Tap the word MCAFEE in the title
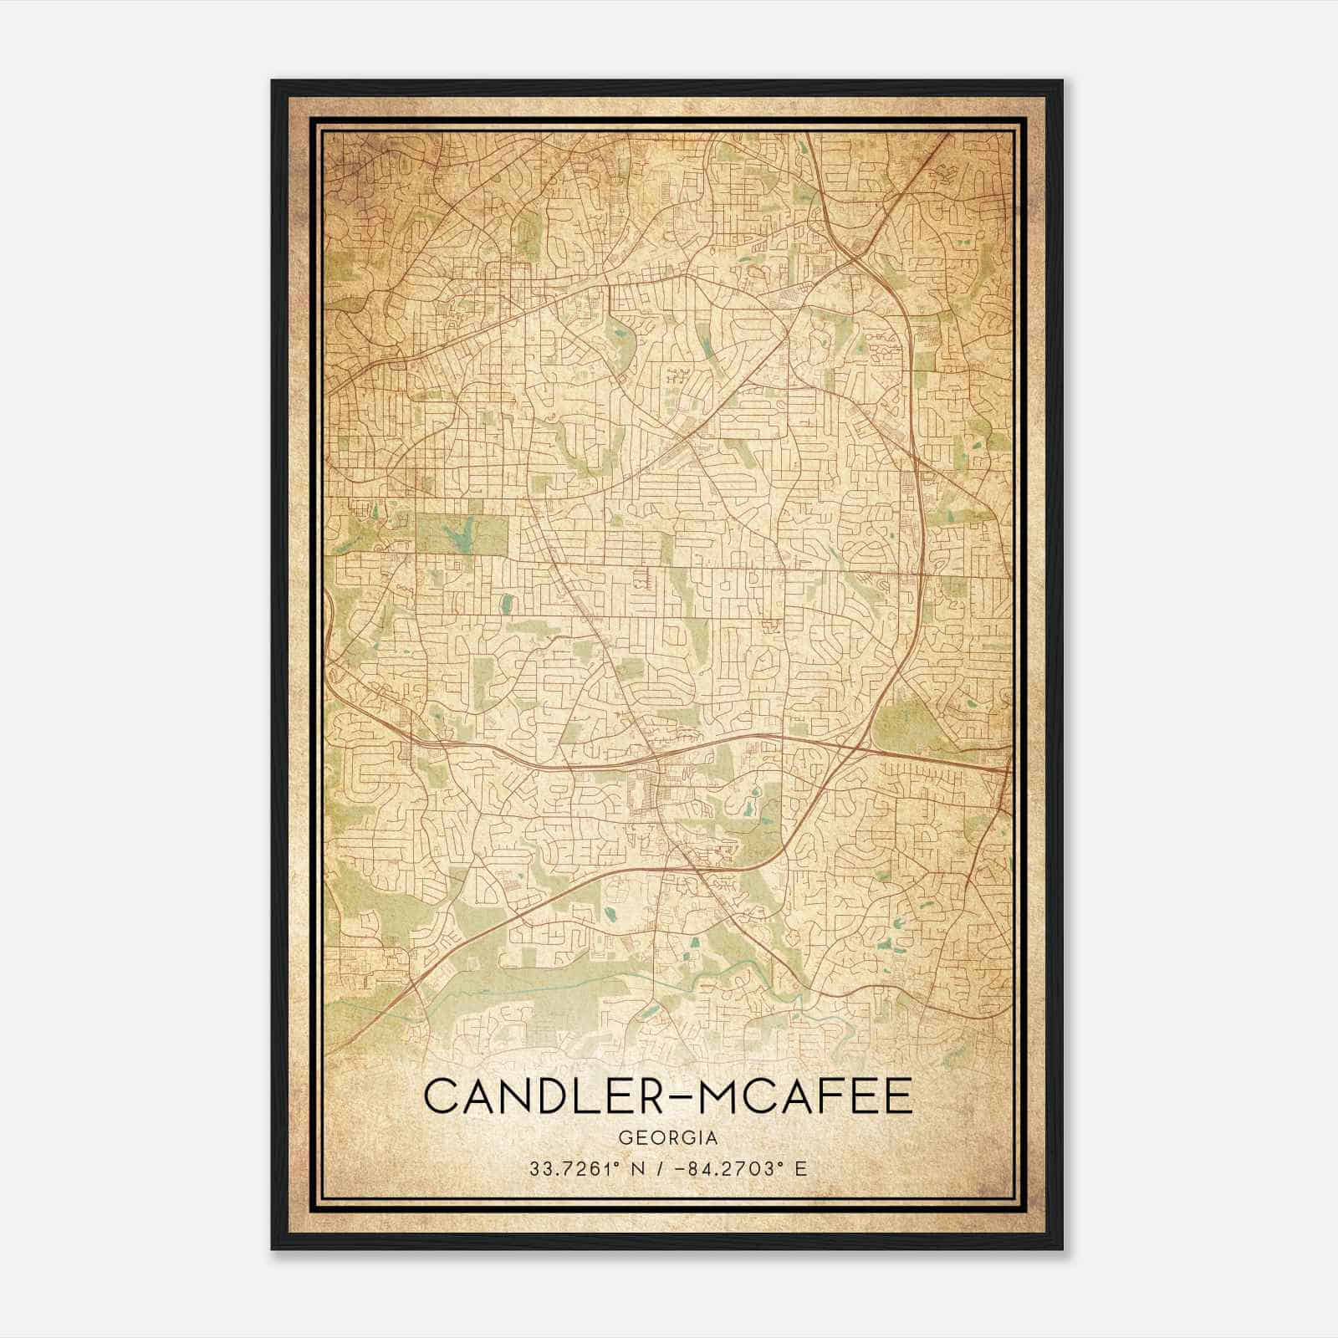(x=804, y=1096)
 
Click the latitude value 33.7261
(x=568, y=1169)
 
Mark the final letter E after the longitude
(x=801, y=1169)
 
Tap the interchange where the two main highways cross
(x=861, y=739)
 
